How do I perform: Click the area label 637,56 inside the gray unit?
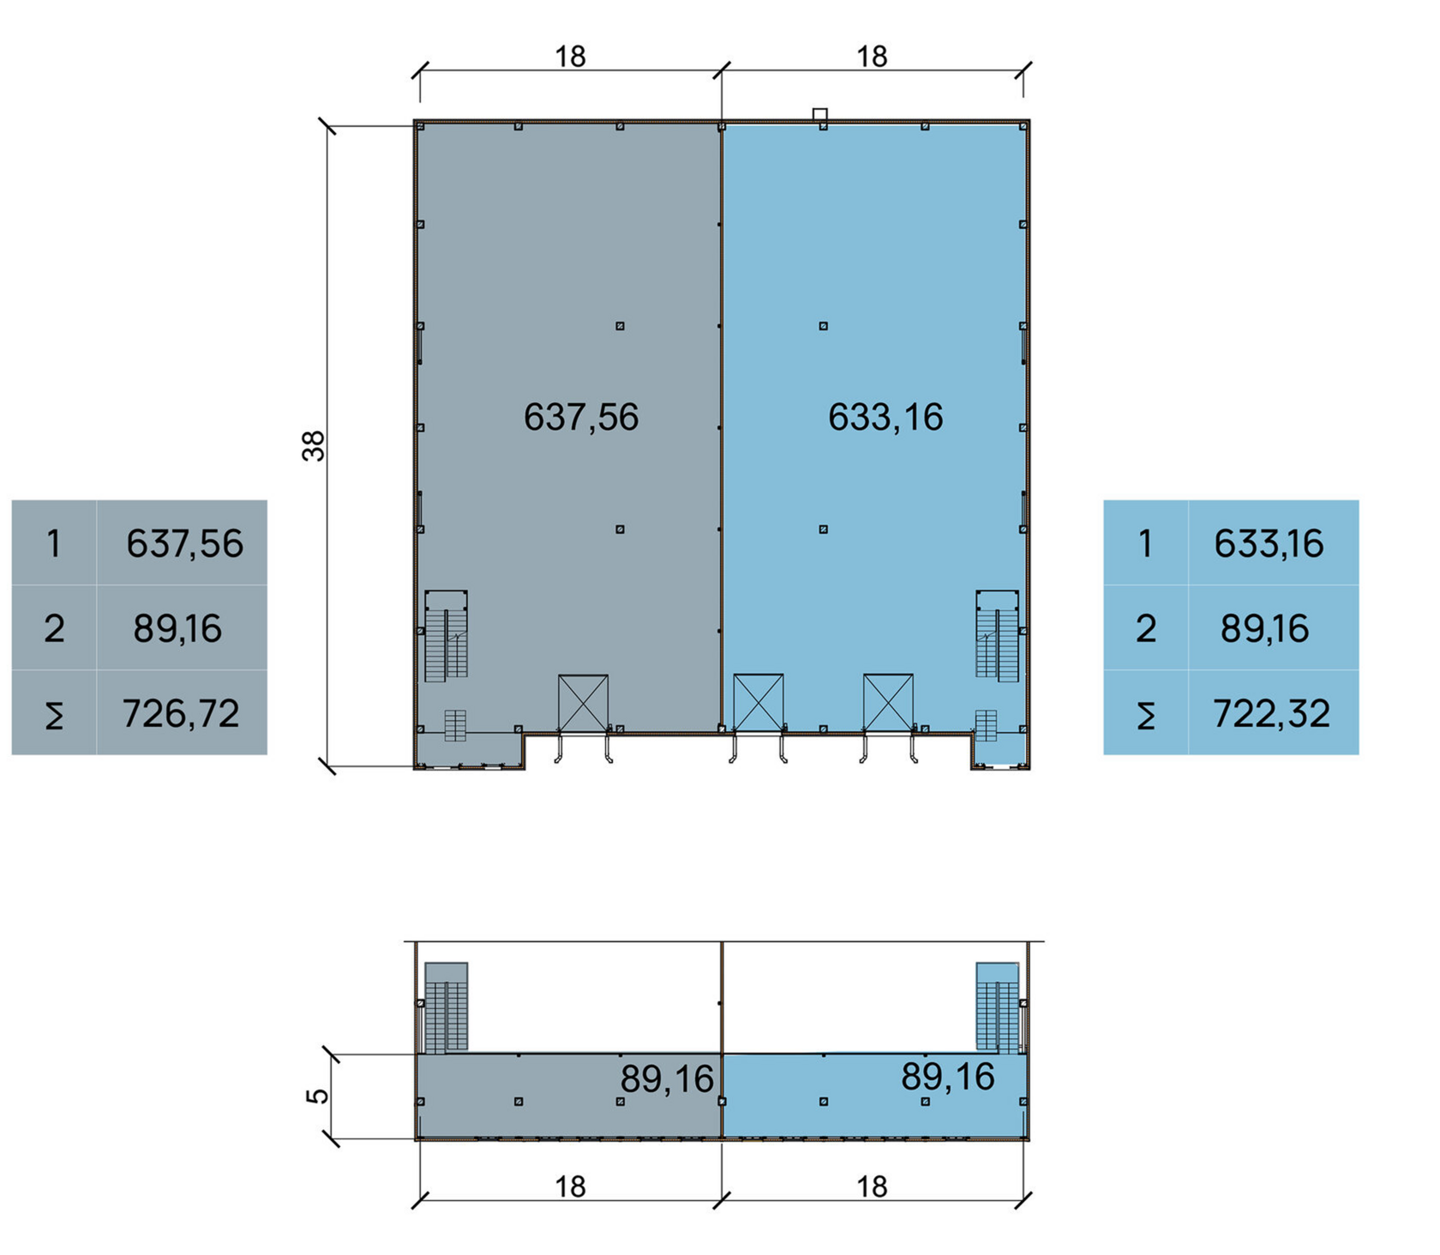tap(581, 417)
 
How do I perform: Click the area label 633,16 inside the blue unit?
tap(885, 417)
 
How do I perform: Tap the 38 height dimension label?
tap(315, 446)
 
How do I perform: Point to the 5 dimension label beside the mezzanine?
tap(317, 1096)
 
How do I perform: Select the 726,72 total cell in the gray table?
tap(181, 713)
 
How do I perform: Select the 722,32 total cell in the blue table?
tap(1271, 713)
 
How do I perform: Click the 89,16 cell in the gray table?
tap(177, 628)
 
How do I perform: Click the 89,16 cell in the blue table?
tap(1265, 628)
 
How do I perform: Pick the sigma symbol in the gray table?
tap(54, 714)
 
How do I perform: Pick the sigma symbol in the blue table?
tap(1146, 714)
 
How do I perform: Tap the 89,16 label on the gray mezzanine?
tap(667, 1079)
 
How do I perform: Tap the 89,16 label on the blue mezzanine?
tap(948, 1077)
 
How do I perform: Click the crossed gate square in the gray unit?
tap(583, 703)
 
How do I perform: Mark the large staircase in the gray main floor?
tap(446, 635)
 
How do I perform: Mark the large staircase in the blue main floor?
tap(998, 635)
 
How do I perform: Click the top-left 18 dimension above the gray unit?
tap(570, 57)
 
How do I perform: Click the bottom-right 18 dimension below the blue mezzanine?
tap(872, 1187)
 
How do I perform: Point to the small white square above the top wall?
tap(820, 114)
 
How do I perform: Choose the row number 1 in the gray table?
tap(54, 543)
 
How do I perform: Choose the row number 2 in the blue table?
tap(1146, 628)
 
